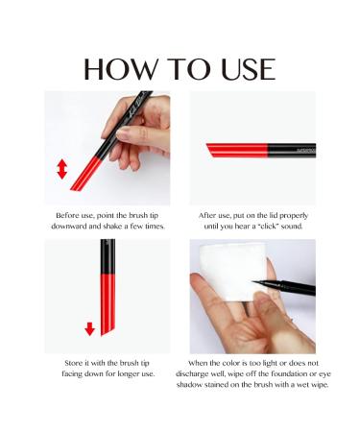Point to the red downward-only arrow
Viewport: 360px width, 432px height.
pyautogui.click(x=89, y=328)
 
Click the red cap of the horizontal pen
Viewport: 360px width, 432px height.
pyautogui.click(x=237, y=150)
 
